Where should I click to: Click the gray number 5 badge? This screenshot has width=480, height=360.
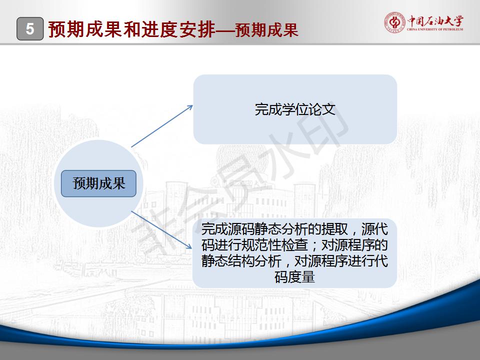pyautogui.click(x=30, y=29)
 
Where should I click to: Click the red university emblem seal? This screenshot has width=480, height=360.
pyautogui.click(x=394, y=22)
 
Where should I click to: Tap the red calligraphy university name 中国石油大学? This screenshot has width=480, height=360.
pyautogui.click(x=435, y=21)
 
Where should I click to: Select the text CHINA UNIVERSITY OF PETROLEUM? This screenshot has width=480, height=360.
pyautogui.click(x=435, y=29)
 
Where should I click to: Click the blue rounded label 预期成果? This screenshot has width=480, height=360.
pyautogui.click(x=98, y=183)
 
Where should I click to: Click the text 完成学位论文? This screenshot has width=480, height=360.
pyautogui.click(x=295, y=109)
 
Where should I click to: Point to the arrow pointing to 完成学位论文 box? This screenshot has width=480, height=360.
pyautogui.click(x=162, y=126)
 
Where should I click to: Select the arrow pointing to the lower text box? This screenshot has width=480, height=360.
pyautogui.click(x=161, y=229)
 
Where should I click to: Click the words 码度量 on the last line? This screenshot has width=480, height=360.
pyautogui.click(x=294, y=277)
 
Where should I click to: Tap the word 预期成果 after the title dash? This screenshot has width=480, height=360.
pyautogui.click(x=266, y=30)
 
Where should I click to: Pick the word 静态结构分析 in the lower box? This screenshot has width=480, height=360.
pyautogui.click(x=241, y=261)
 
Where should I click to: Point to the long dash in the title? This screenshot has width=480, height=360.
pyautogui.click(x=225, y=30)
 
